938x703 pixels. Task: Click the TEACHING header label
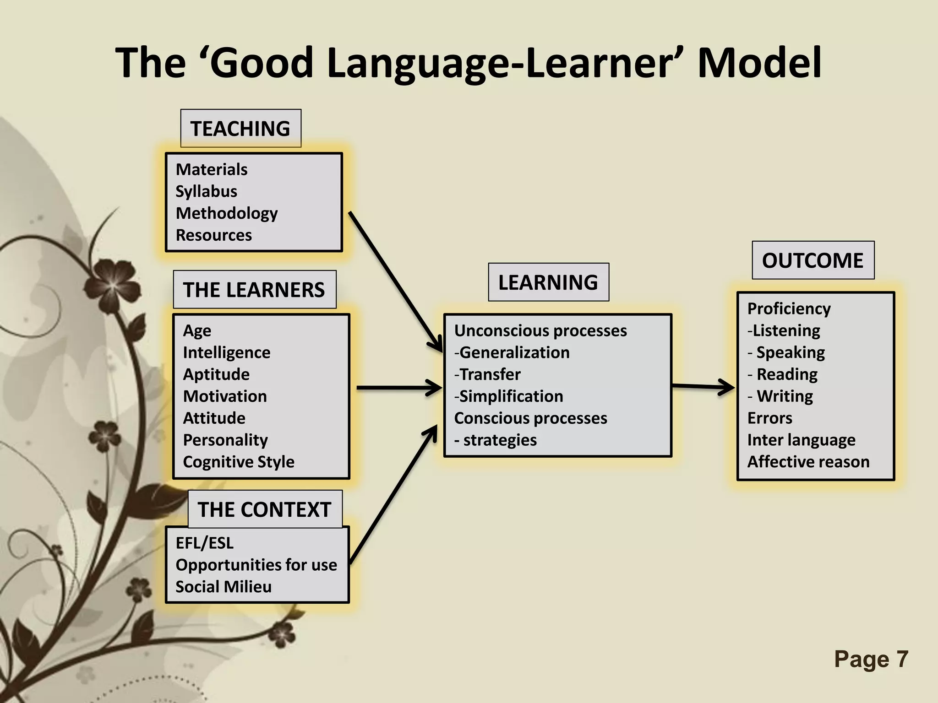pyautogui.click(x=240, y=129)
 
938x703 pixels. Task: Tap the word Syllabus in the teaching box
pyautogui.click(x=206, y=191)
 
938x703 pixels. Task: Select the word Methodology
pyautogui.click(x=226, y=213)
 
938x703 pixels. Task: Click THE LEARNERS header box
pyautogui.click(x=254, y=290)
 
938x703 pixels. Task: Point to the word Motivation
pyautogui.click(x=224, y=396)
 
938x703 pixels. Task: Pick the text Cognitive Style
pyautogui.click(x=238, y=462)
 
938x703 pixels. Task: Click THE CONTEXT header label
pyautogui.click(x=264, y=509)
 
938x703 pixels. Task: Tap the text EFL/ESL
pyautogui.click(x=204, y=543)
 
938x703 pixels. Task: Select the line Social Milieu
pyautogui.click(x=223, y=587)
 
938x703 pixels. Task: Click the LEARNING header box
pyautogui.click(x=548, y=282)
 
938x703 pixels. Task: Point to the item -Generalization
pyautogui.click(x=512, y=352)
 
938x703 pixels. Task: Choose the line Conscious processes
pyautogui.click(x=530, y=418)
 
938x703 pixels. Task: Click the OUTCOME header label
pyautogui.click(x=813, y=260)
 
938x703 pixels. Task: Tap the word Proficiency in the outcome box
pyautogui.click(x=789, y=309)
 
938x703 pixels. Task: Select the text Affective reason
pyautogui.click(x=808, y=462)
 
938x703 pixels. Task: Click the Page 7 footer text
pyautogui.click(x=871, y=660)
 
